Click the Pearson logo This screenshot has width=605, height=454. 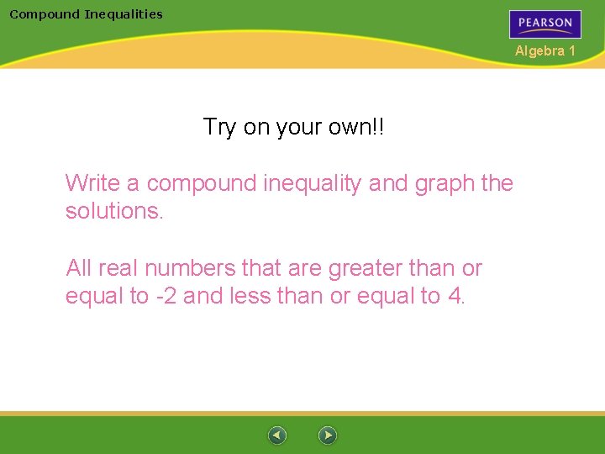point(544,24)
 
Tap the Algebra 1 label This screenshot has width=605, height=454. point(545,51)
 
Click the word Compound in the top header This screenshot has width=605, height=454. point(45,13)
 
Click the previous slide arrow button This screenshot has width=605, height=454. point(277,436)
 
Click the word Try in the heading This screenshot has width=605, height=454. point(220,127)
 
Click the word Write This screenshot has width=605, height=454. point(93,182)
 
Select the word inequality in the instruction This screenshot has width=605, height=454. point(313,182)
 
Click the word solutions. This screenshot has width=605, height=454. point(113,210)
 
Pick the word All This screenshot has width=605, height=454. point(79,268)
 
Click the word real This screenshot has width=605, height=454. point(118,268)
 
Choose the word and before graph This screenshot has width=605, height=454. point(387,182)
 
